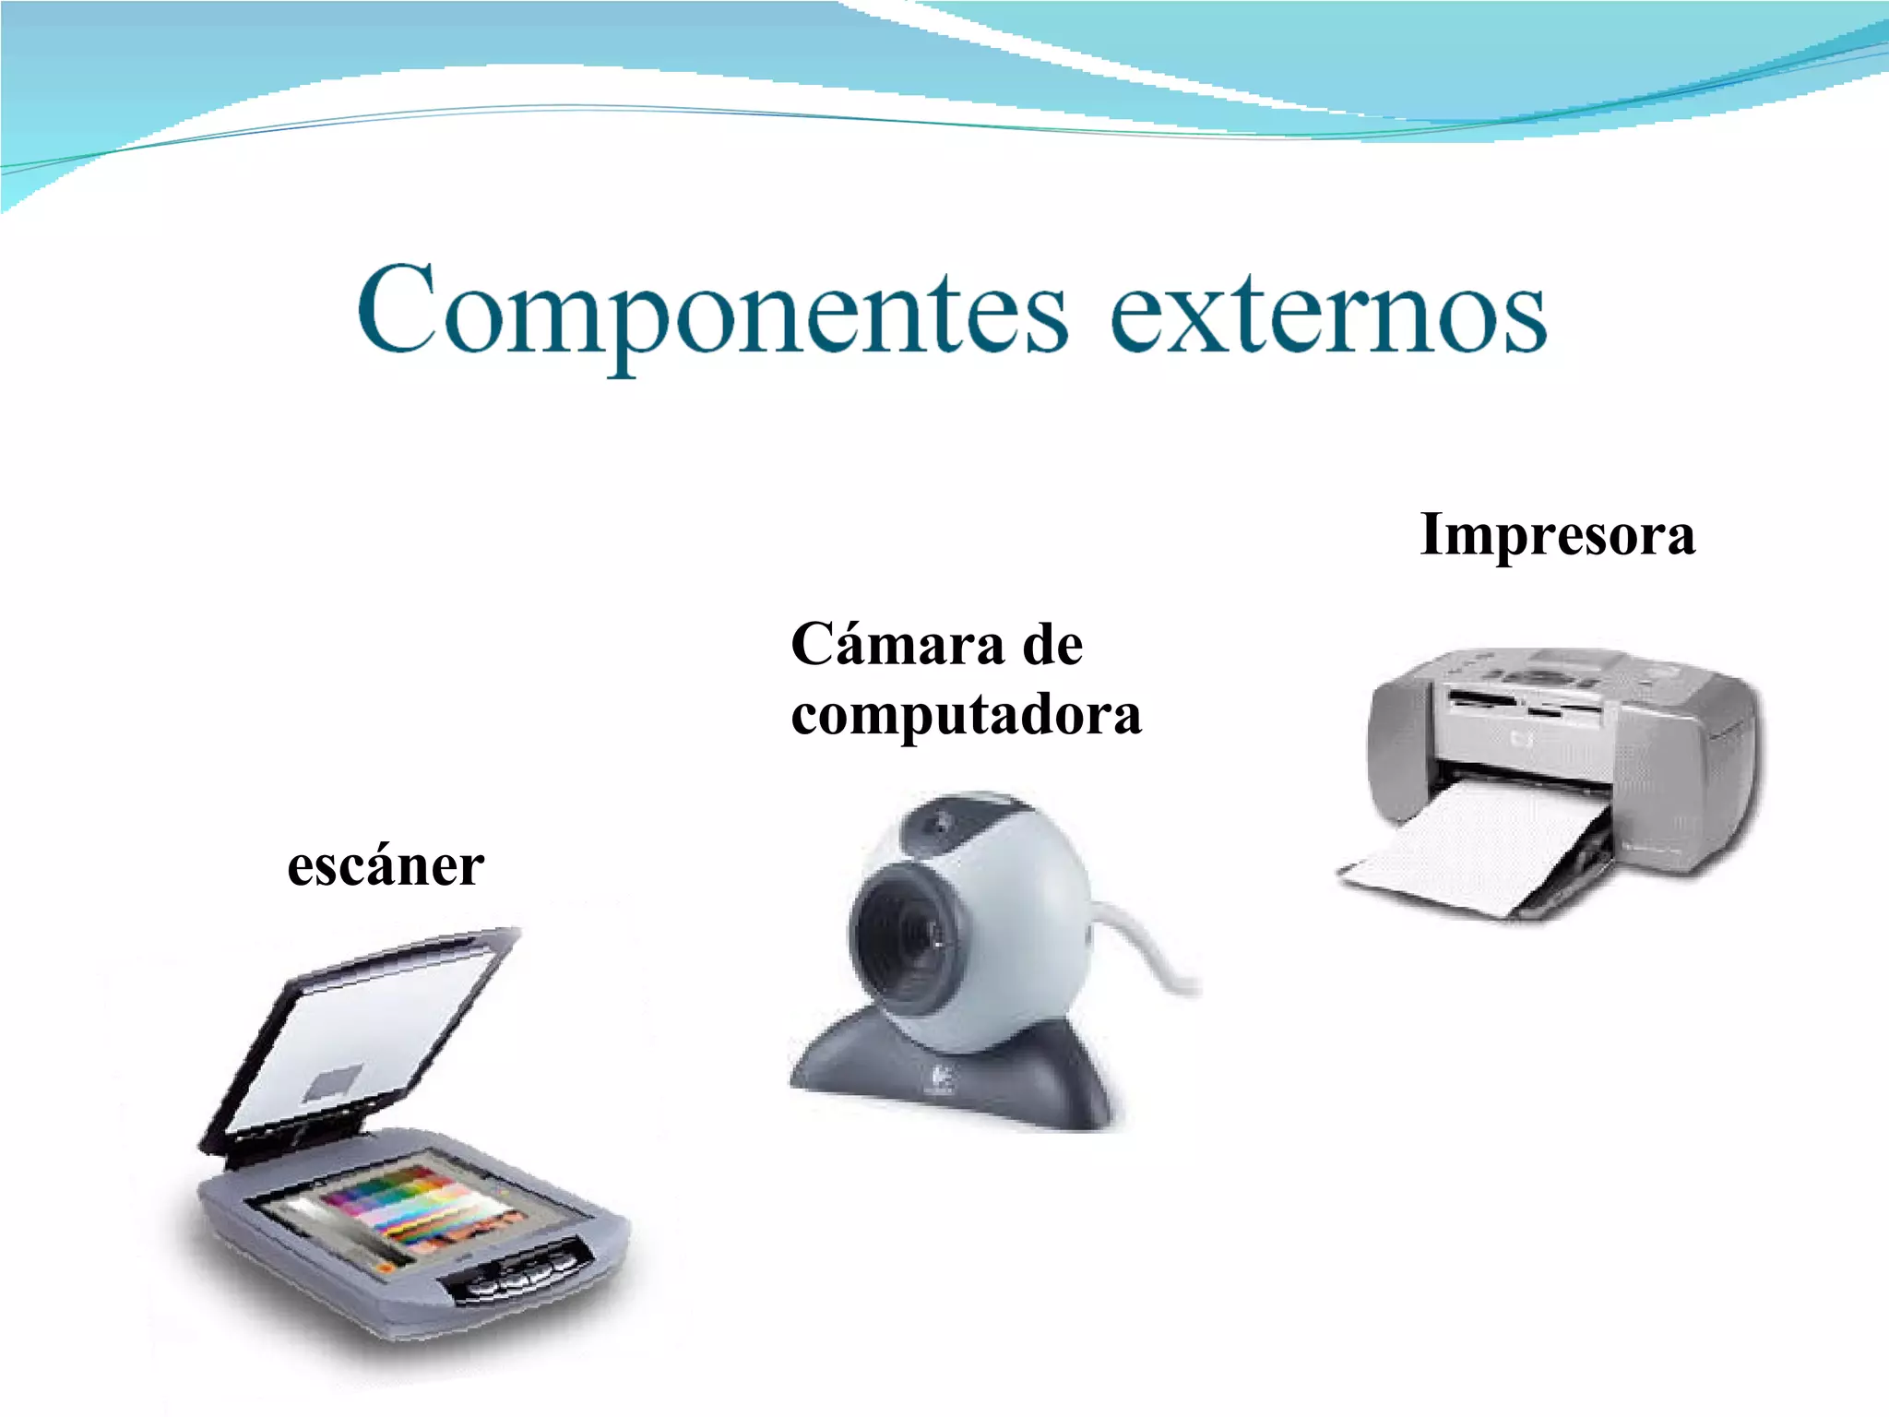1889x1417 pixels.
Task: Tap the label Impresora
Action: pyautogui.click(x=1557, y=535)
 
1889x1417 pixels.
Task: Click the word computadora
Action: pyautogui.click(x=966, y=715)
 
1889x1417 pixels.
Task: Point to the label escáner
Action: pyautogui.click(x=386, y=867)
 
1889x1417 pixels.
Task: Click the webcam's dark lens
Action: pyautogui.click(x=904, y=932)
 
